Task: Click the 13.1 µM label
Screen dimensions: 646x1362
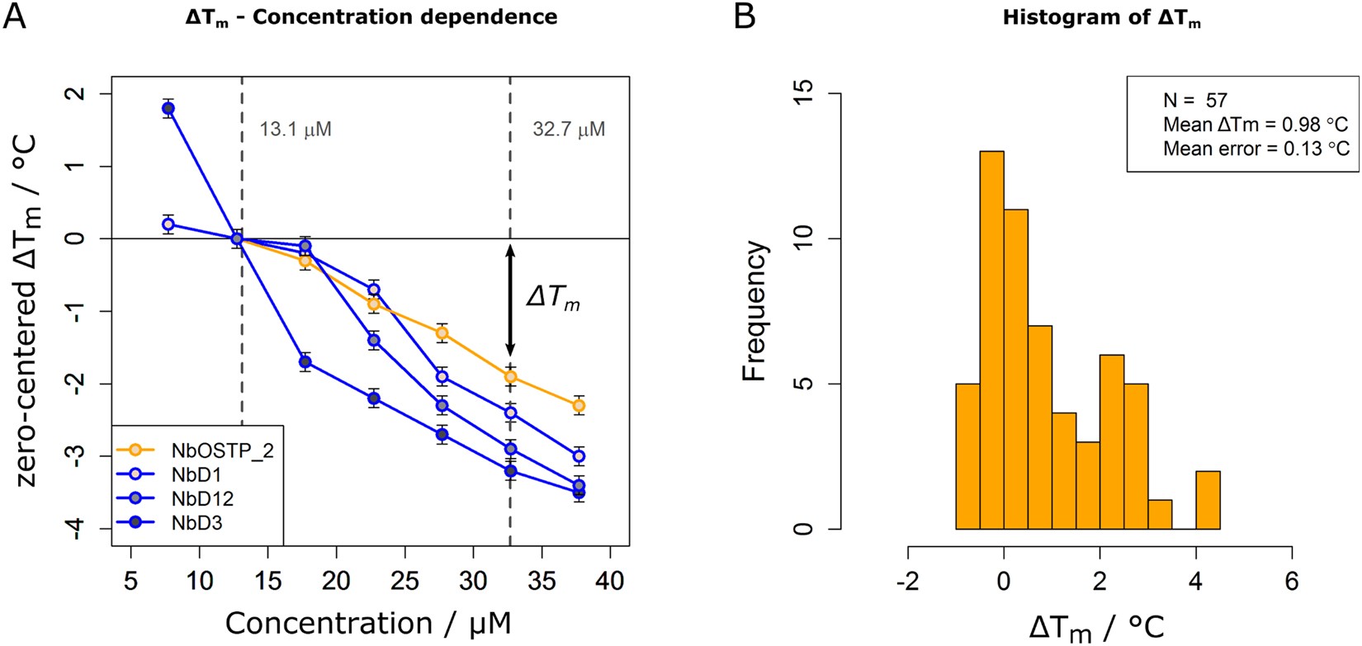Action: pos(296,130)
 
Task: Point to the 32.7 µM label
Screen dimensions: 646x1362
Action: pos(569,130)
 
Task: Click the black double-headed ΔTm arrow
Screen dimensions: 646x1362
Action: pos(510,301)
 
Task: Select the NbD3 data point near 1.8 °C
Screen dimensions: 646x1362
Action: pos(168,108)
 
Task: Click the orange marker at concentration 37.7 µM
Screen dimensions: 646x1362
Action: pos(579,406)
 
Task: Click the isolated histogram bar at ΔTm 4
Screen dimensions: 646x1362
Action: pos(1207,500)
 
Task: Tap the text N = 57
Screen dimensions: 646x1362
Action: pos(1195,101)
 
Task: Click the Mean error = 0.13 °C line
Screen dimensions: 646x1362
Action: pos(1256,149)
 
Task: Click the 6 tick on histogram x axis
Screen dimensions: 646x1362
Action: pos(1291,582)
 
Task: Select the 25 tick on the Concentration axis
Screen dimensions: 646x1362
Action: pos(404,582)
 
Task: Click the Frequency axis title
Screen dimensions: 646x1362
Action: pos(754,311)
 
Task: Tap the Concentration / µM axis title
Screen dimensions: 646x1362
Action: pos(368,623)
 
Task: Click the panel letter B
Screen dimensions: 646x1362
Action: pos(744,17)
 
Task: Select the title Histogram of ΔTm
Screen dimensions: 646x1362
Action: pos(1101,18)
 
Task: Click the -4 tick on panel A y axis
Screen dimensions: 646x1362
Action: pos(77,528)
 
